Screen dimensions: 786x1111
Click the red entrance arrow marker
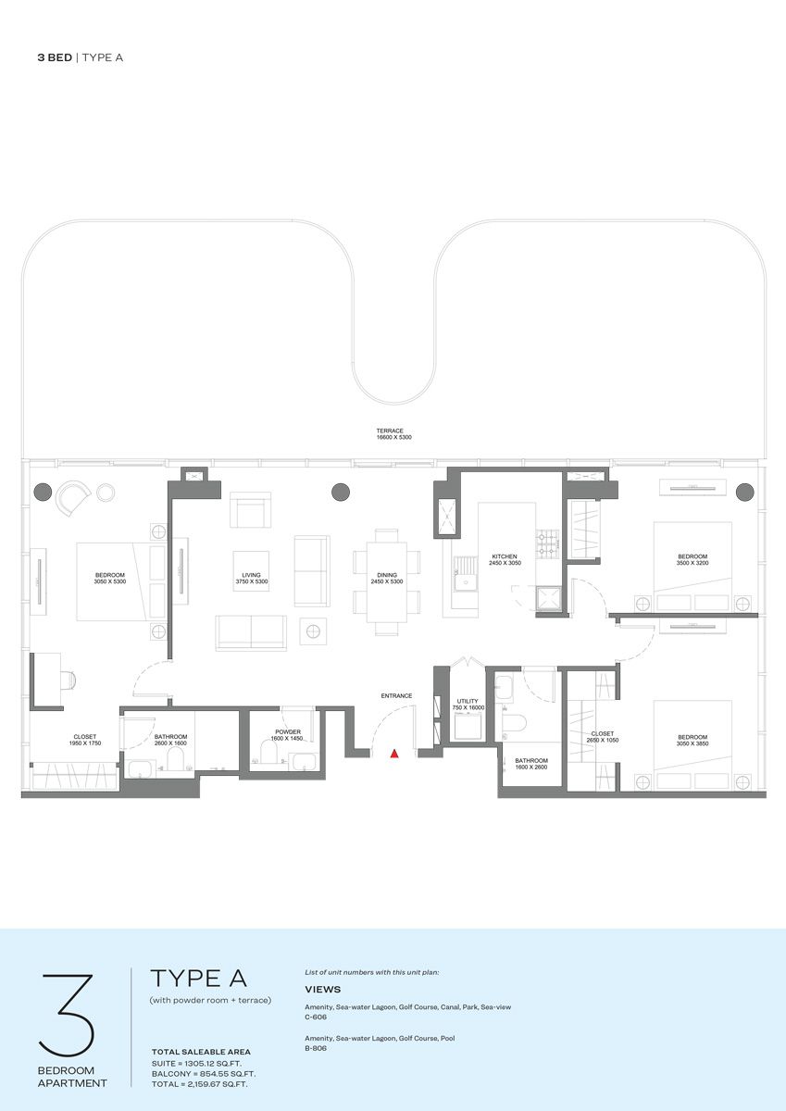pyautogui.click(x=394, y=754)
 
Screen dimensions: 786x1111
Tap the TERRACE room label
pyautogui.click(x=389, y=431)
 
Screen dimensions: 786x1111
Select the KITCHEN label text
pyautogui.click(x=505, y=556)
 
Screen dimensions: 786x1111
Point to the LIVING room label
pyautogui.click(x=252, y=575)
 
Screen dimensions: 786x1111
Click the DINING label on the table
pyautogui.click(x=387, y=575)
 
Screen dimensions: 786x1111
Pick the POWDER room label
pyautogui.click(x=288, y=731)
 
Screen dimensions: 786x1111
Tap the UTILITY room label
pyautogui.click(x=468, y=701)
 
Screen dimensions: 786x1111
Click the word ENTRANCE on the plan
pyautogui.click(x=396, y=695)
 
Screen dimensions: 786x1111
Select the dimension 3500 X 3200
pyautogui.click(x=692, y=563)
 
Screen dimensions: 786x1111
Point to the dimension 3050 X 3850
pyautogui.click(x=692, y=743)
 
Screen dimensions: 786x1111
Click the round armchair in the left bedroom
pyautogui.click(x=73, y=498)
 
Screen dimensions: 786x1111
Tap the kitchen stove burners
pyautogui.click(x=547, y=543)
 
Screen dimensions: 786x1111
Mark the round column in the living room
pyautogui.click(x=340, y=492)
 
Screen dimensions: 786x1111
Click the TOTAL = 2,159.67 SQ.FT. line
pyautogui.click(x=199, y=1084)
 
